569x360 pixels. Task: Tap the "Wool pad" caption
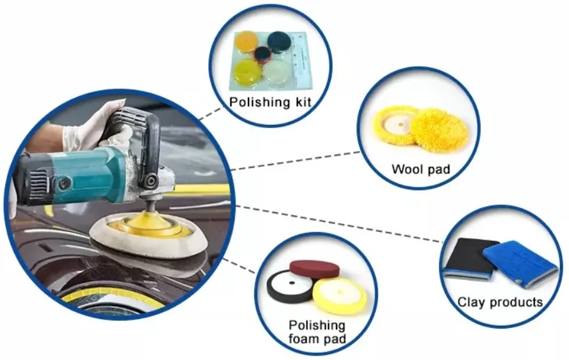pos(421,170)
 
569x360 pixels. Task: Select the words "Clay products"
pos(500,302)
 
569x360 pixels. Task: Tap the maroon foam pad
pos(314,268)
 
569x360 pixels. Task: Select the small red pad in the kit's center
pos(261,55)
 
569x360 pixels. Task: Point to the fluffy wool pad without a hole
pos(439,130)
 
